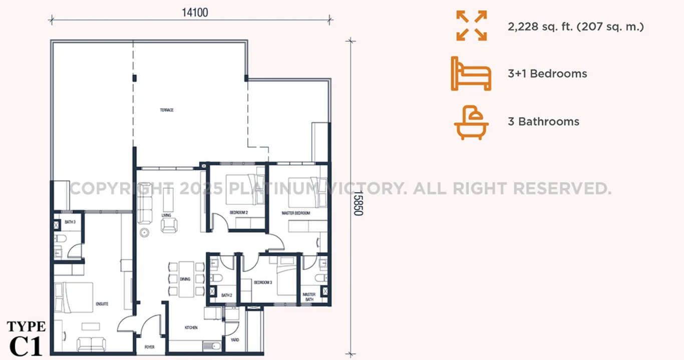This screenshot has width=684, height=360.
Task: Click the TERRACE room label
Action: [167, 110]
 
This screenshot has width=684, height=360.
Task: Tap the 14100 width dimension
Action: [195, 13]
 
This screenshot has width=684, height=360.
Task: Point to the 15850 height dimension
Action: [358, 203]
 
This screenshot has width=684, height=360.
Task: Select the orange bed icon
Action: [471, 74]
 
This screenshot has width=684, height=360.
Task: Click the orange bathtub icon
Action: [471, 123]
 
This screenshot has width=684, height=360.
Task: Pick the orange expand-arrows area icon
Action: [472, 26]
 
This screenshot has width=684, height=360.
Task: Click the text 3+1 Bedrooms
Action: [547, 74]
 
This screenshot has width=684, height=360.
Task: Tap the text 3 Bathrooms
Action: [543, 122]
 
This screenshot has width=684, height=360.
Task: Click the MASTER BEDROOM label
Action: [295, 213]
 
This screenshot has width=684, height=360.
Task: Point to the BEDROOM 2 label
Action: [239, 212]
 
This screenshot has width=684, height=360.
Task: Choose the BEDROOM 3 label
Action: [263, 282]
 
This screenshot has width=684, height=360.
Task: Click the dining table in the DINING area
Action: [186, 279]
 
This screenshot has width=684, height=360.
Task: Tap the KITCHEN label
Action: [191, 327]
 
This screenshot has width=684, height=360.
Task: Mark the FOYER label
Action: [149, 347]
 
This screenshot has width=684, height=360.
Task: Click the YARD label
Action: [235, 340]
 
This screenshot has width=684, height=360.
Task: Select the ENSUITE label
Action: [102, 304]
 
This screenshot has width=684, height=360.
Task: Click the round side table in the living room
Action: [144, 233]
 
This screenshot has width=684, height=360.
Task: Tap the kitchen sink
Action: [212, 346]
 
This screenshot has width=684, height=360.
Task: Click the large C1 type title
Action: [26, 346]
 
